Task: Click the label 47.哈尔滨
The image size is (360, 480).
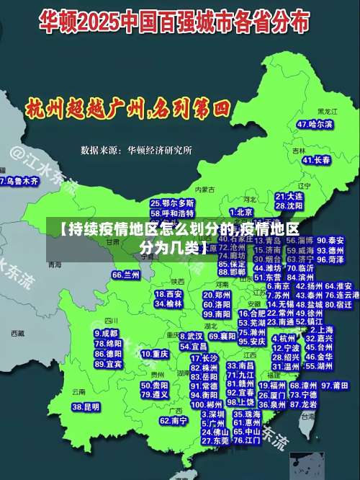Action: (316, 124)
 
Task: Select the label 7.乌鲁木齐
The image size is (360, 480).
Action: (19, 181)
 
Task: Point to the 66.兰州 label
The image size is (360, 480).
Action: (126, 275)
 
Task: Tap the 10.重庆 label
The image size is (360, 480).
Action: (155, 355)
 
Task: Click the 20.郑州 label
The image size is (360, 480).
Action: (217, 295)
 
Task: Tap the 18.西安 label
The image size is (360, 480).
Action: (169, 294)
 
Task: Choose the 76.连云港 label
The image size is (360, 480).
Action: (341, 295)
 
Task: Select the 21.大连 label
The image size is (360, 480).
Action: (288, 196)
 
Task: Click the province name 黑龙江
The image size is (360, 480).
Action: (328, 112)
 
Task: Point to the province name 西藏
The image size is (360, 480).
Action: (19, 334)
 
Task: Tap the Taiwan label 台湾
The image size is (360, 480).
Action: (308, 417)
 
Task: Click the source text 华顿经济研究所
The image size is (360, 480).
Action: (160, 151)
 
